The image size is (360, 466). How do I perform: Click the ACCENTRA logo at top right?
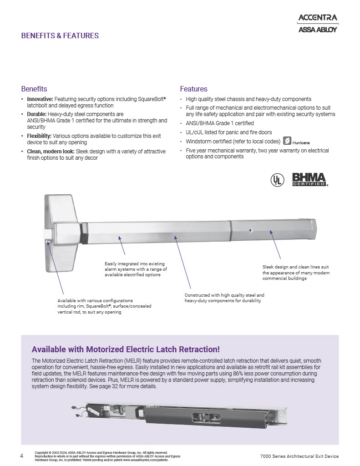pos(317,18)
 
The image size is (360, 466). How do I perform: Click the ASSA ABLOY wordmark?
pos(317,30)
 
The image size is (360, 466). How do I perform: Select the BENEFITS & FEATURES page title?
pos(60,35)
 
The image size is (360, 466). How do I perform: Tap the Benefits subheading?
pos(34,89)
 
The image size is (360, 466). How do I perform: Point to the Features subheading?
pos(193,89)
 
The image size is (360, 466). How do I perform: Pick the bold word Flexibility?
pos(40,136)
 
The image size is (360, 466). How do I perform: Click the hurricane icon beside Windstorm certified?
pos(287,141)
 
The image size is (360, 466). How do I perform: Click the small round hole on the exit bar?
pos(250,231)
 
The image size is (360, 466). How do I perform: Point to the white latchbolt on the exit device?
pos(47,234)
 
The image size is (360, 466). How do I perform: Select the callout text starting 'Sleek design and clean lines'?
pos(296,272)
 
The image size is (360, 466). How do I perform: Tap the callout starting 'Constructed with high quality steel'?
pos(224,298)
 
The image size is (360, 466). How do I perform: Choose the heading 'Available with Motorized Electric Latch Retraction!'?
pos(126,349)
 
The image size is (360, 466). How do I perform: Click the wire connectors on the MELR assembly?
pos(77,410)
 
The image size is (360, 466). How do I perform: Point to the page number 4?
pos(22,456)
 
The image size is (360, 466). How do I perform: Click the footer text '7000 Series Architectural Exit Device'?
pos(299,456)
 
